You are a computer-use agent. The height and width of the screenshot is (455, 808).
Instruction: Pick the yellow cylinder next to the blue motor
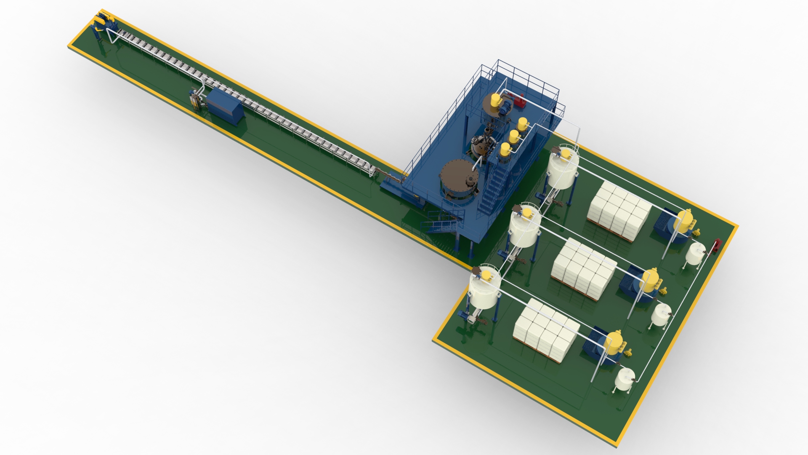tap(493, 100)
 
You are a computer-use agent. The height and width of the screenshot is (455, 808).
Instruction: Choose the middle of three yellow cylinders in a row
tap(513, 136)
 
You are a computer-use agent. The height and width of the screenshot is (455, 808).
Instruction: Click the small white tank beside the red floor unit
tap(695, 253)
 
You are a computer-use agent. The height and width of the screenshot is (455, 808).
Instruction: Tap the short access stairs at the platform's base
tap(444, 222)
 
